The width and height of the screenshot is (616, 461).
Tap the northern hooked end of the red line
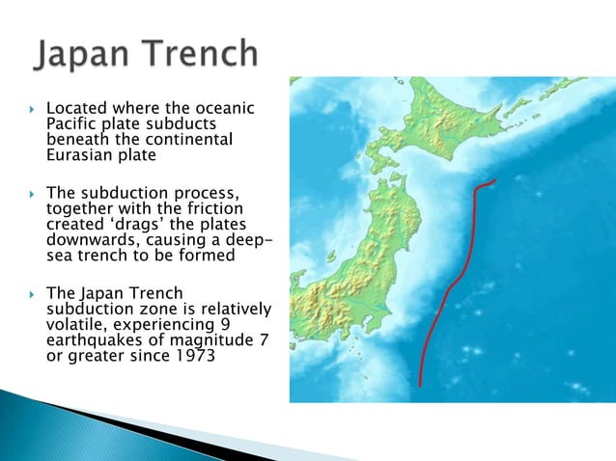pyautogui.click(x=492, y=180)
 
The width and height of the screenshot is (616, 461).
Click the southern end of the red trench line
pyautogui.click(x=420, y=384)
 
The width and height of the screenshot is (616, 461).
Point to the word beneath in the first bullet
pyautogui.click(x=77, y=140)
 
